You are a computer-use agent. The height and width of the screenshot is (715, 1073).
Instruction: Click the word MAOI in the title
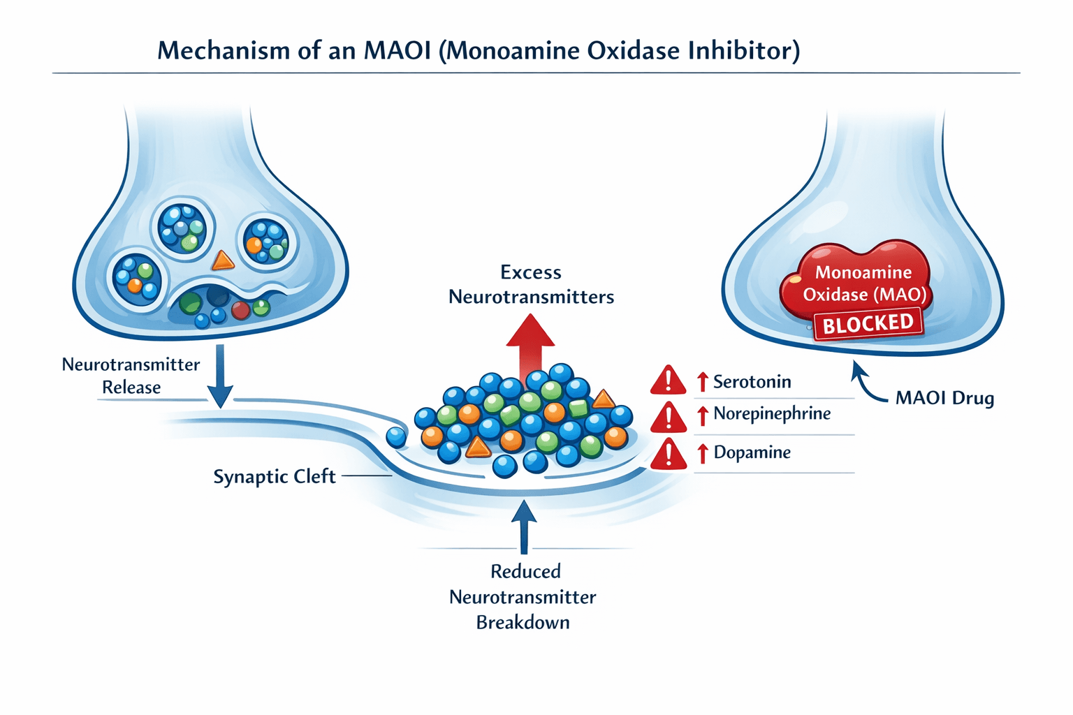tap(397, 51)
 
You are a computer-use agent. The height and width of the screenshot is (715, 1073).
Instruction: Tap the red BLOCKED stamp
tap(868, 324)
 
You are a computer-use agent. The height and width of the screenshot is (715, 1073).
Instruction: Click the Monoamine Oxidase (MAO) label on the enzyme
tap(863, 283)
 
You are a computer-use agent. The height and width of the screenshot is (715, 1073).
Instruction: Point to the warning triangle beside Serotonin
tap(669, 381)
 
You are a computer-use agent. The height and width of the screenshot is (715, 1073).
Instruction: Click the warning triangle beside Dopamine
tap(669, 454)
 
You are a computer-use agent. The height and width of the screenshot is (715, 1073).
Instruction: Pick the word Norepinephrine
tap(772, 414)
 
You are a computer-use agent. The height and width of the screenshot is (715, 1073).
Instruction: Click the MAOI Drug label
tap(944, 399)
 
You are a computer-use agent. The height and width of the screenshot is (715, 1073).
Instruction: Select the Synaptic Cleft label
tap(275, 477)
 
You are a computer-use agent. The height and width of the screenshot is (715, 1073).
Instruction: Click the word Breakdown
tap(523, 622)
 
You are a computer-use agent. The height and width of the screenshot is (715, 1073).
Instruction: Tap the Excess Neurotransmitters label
tap(531, 284)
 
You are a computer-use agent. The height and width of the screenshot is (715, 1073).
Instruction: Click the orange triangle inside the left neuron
tap(223, 261)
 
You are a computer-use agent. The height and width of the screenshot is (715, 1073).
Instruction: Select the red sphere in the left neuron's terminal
tap(240, 310)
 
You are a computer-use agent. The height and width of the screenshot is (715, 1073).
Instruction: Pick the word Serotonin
tap(752, 382)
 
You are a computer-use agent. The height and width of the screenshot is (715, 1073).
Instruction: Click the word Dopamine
tap(752, 452)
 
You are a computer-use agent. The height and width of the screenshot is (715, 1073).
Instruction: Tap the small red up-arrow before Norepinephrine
tap(703, 415)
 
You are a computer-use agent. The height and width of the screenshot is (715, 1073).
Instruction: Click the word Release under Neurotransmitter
tap(131, 388)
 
